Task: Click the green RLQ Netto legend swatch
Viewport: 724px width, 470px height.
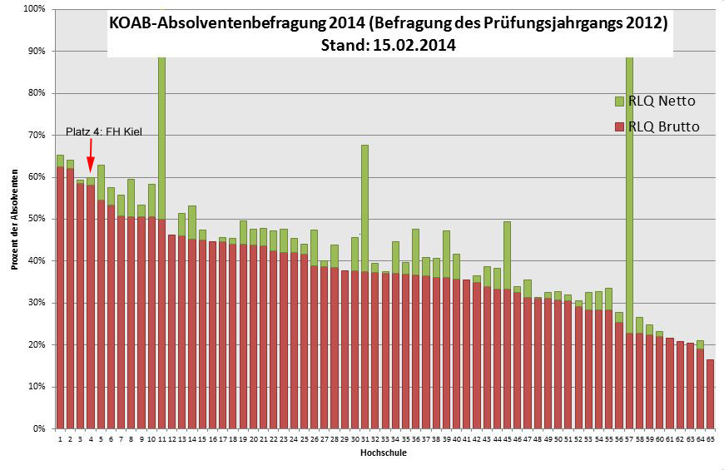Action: click(618, 101)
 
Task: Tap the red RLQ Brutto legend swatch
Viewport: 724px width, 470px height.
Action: click(618, 126)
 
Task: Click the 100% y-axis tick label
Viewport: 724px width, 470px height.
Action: click(35, 9)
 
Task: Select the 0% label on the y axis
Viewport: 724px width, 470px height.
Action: click(39, 428)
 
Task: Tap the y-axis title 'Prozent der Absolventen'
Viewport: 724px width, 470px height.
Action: click(14, 219)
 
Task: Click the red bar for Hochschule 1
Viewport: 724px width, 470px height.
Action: click(60, 299)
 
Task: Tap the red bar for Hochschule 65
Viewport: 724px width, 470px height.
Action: click(710, 394)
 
